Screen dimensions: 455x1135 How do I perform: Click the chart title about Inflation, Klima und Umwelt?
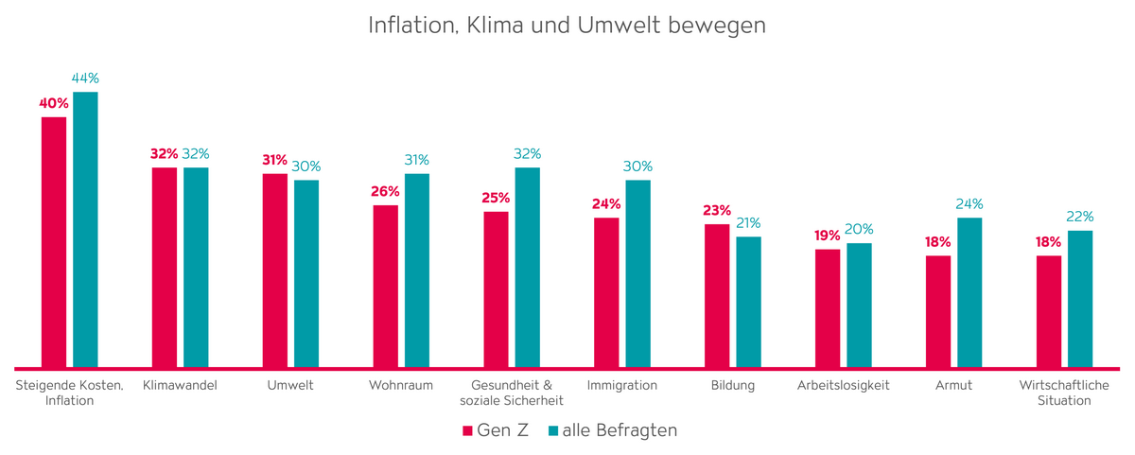(567, 26)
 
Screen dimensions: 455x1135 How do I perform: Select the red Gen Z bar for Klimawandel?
(165, 267)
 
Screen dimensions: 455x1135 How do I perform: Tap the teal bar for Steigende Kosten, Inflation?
(86, 229)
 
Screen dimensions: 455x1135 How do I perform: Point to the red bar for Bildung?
(717, 295)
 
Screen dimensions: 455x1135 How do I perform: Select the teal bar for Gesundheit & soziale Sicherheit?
(528, 267)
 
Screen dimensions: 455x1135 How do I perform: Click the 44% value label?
(85, 79)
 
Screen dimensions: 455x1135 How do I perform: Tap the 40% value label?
(54, 103)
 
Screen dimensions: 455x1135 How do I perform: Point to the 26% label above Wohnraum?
(385, 191)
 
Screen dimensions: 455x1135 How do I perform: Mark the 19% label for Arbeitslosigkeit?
(828, 236)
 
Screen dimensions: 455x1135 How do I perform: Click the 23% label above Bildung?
(717, 211)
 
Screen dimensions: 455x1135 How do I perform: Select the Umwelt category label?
(290, 385)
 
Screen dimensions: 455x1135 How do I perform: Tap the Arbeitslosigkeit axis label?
(844, 385)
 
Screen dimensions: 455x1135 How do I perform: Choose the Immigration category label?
(622, 385)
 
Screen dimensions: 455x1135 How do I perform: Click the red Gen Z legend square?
(466, 431)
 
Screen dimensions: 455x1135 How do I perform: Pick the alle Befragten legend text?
(620, 430)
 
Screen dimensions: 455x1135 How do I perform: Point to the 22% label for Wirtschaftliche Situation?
(1080, 217)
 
